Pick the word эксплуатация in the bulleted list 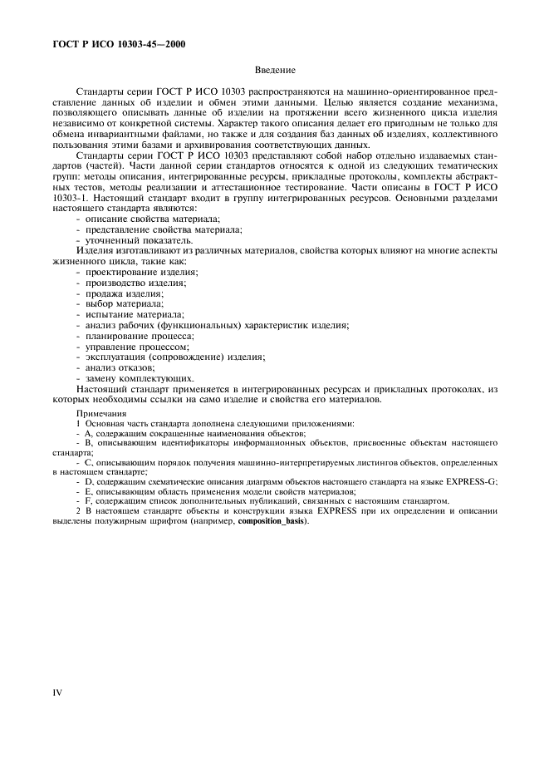(112, 357)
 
